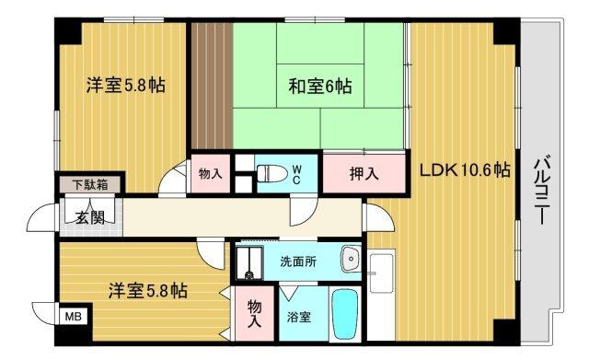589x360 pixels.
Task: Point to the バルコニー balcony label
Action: click(x=542, y=194)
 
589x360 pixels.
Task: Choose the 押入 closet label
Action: click(x=363, y=172)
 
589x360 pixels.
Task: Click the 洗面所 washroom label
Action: click(x=297, y=261)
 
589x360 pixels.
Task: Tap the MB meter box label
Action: click(x=71, y=316)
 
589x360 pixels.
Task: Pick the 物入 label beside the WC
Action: click(x=211, y=173)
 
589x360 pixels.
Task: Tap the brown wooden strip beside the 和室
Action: click(x=211, y=82)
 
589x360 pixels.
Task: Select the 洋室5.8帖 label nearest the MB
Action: click(x=150, y=291)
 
